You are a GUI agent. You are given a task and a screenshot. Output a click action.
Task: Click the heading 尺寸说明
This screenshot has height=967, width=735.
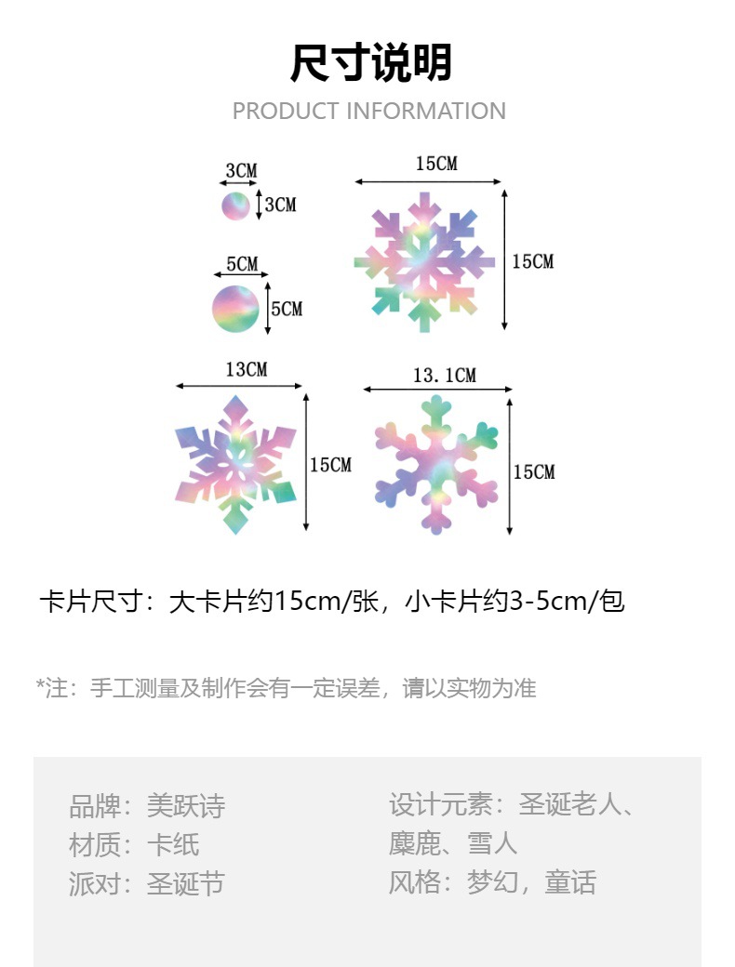pos(370,64)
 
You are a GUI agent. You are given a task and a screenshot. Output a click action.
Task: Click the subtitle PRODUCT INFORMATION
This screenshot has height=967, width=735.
pos(368,112)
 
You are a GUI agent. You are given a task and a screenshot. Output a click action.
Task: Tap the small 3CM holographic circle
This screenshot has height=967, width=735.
pos(235,205)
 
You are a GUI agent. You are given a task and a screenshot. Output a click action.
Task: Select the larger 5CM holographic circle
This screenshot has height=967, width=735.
pos(235,309)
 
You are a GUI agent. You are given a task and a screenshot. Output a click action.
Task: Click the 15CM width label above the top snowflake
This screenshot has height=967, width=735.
pos(436,164)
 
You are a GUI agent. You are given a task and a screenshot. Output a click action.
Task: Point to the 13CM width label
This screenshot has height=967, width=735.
pos(246,369)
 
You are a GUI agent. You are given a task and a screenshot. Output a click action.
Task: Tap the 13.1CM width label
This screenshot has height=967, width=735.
pos(444,375)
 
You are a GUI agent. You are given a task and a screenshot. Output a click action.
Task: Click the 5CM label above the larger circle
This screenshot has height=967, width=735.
pos(242,264)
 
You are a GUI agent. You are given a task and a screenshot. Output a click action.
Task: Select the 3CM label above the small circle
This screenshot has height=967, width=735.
pos(241,171)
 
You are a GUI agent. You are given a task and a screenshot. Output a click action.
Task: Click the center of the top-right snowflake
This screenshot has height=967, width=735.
pos(424,262)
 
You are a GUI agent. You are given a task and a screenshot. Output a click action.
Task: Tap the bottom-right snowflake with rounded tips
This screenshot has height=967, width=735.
pos(435,465)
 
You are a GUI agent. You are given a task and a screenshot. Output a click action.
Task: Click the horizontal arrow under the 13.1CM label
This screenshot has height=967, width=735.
pos(437,390)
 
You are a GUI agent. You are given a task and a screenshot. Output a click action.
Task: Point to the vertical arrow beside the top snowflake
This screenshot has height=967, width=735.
pos(504,259)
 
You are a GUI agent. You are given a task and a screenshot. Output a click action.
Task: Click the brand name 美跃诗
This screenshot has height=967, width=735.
pos(186,805)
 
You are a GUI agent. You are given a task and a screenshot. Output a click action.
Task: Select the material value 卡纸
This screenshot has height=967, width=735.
pos(173,844)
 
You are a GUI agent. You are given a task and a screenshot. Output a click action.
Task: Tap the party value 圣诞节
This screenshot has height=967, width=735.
pos(186,883)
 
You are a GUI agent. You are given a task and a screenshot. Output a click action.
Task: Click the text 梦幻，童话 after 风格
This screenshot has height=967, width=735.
pos(531,881)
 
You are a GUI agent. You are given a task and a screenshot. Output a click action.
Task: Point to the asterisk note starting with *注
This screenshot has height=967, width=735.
pos(286,688)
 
